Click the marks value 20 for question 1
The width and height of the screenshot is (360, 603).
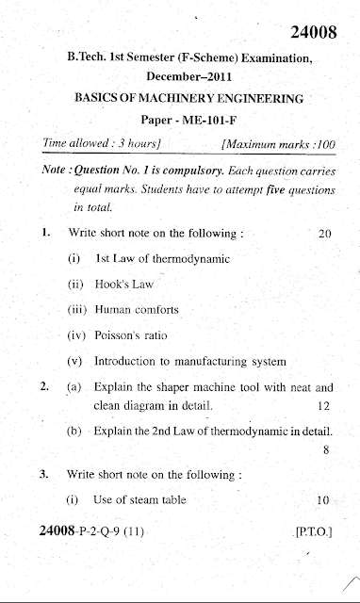click(325, 232)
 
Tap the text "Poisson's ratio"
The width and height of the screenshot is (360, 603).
click(138, 334)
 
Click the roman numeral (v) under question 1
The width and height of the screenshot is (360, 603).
click(75, 361)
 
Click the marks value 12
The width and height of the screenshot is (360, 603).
click(325, 407)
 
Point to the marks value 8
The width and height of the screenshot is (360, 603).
click(325, 450)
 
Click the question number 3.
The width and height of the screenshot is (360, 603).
click(43, 474)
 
